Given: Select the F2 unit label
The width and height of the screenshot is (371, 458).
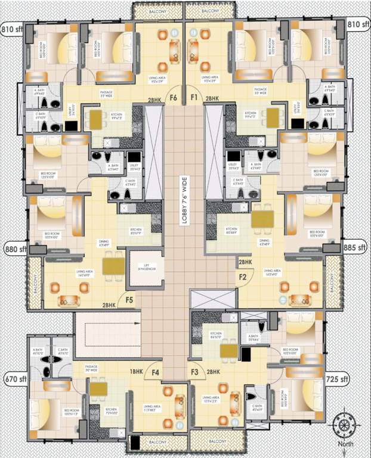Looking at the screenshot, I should tap(243, 276).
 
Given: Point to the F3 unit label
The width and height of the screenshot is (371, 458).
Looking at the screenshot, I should tap(194, 373).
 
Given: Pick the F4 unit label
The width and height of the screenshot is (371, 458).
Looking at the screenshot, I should tap(156, 373).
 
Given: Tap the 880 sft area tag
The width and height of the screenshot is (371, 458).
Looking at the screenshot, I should tap(14, 249).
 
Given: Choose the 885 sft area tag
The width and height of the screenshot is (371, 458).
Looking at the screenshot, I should tap(355, 247).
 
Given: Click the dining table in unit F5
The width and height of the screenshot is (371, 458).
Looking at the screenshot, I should tap(113, 265).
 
